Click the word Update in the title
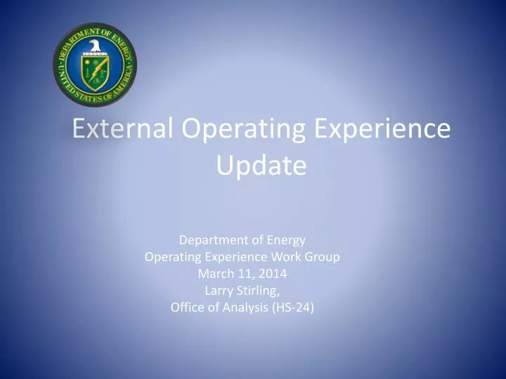click(x=261, y=166)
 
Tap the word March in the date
click(x=214, y=273)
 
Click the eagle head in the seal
click(x=94, y=47)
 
